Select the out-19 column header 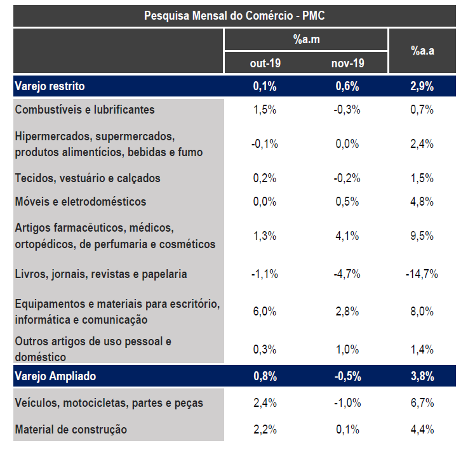pos(265,63)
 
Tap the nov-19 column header pos(347,63)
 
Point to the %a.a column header pos(422,51)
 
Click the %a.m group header pos(305,39)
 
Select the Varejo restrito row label pos(50,86)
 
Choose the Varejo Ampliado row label pos(55,376)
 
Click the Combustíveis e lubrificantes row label pos(84,109)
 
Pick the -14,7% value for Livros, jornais pos(422,274)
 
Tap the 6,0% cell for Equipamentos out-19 pos(265,311)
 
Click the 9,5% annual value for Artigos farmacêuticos pos(422,235)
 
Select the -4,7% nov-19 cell pos(347,274)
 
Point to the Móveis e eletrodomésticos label pos(80,202)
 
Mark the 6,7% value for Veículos pos(422,403)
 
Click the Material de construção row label pos(70,430)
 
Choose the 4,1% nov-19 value pos(347,235)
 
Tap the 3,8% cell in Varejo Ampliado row pos(422,376)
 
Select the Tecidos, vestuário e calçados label pos(88,178)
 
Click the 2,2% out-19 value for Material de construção pos(265,430)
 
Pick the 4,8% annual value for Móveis pos(422,202)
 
